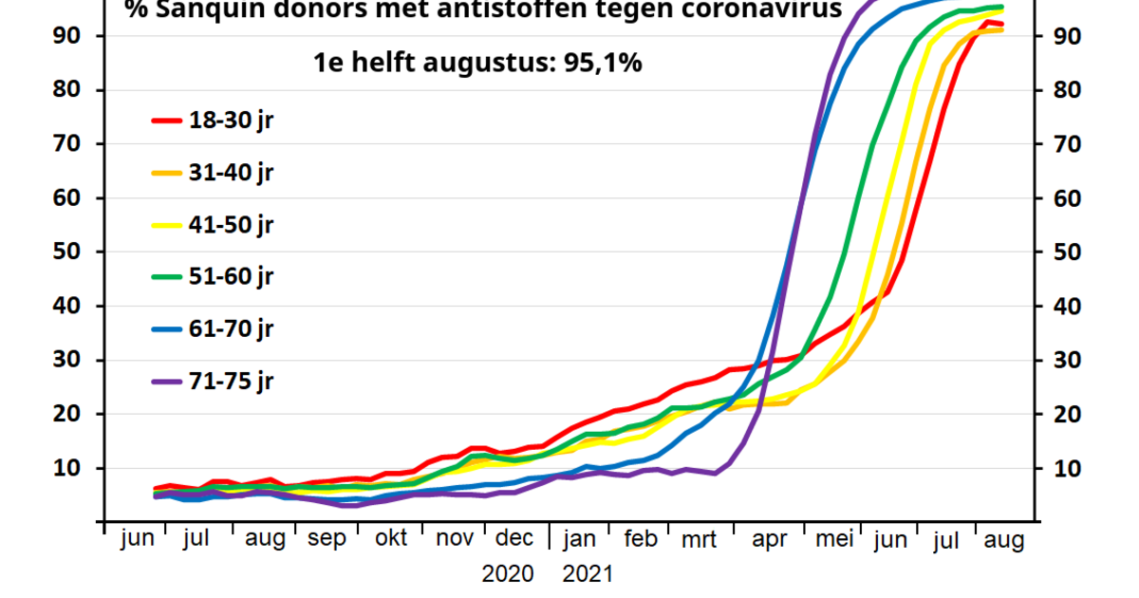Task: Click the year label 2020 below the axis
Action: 508,574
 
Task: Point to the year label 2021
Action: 588,574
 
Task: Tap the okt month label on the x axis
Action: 390,539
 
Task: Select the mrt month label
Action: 699,539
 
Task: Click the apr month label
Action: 769,539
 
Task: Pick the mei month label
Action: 835,539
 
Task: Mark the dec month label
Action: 514,539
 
